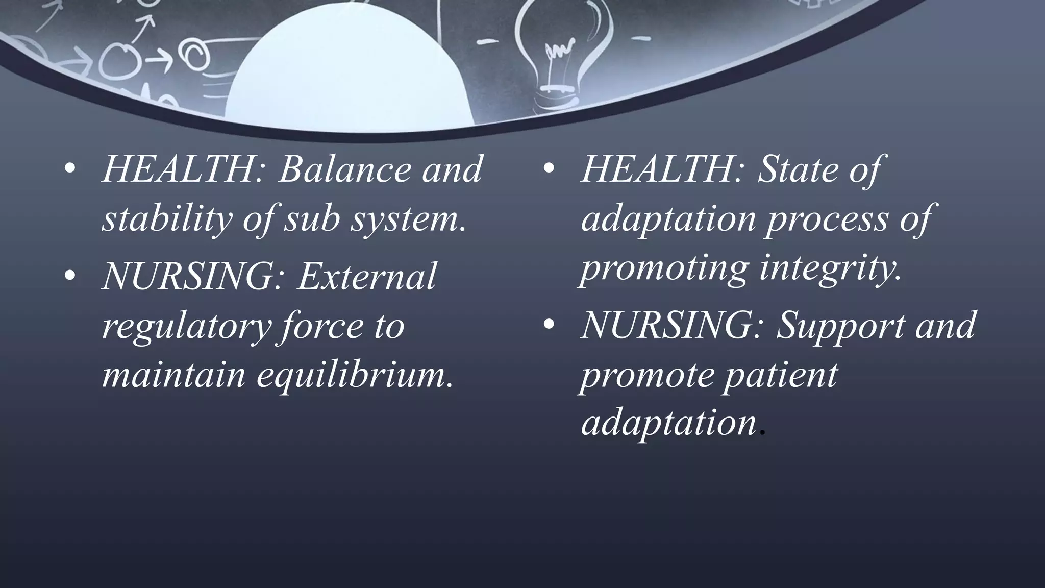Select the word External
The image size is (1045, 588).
tap(367, 276)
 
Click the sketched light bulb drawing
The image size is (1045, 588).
tap(556, 56)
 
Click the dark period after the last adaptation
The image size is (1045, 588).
tap(762, 433)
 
